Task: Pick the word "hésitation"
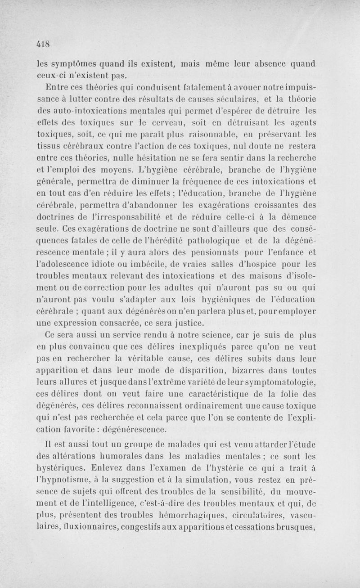tap(156, 158)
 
